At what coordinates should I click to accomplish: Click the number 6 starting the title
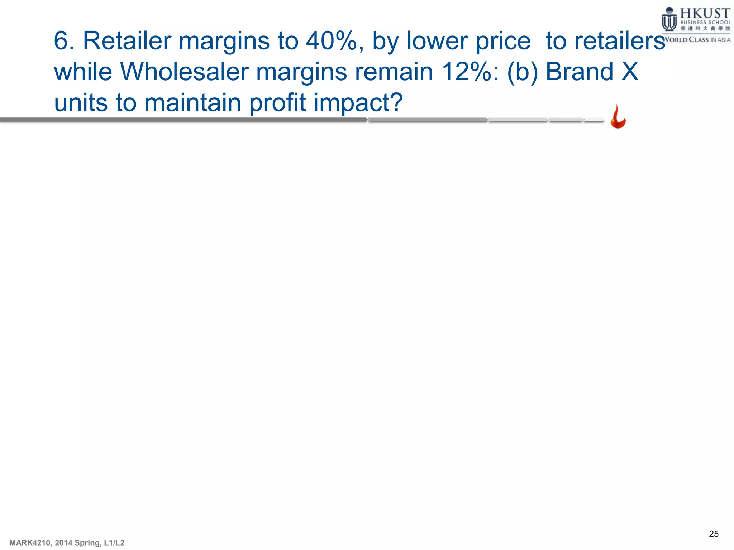tap(61, 41)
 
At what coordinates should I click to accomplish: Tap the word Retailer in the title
tap(127, 41)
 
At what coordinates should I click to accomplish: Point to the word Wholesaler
tap(184, 72)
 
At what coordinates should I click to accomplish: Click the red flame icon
tap(618, 117)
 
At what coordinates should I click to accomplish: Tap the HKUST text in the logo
tap(705, 14)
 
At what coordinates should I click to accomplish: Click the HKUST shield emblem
tap(669, 20)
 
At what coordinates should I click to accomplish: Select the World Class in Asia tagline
tap(696, 40)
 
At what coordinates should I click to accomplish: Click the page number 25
tap(714, 534)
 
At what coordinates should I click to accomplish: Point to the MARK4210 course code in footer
tap(30, 543)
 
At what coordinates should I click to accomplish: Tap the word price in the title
tap(503, 41)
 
